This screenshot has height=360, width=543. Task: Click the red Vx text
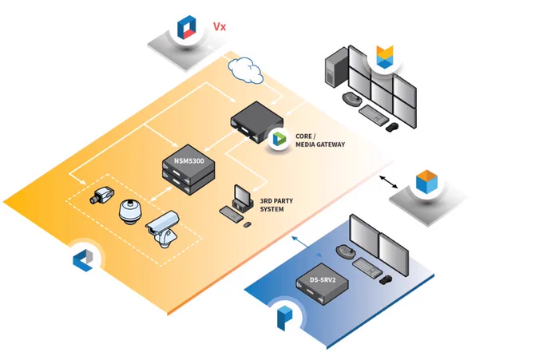point(220,26)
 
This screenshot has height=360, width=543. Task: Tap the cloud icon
point(245,70)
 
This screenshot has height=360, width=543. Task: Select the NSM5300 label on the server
point(188,161)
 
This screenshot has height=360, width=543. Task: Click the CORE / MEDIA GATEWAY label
point(320,140)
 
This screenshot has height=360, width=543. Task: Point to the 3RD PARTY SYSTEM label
point(276,205)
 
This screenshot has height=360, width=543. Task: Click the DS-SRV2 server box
point(322,284)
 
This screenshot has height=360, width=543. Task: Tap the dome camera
point(130,212)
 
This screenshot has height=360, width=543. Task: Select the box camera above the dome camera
point(101,195)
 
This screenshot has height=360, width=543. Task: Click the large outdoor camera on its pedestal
point(162,228)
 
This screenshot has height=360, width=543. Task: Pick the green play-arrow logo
point(279,139)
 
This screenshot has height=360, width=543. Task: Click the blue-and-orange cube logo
point(426,181)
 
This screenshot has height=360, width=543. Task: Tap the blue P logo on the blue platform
point(284,318)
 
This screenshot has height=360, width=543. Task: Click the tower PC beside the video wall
point(336,67)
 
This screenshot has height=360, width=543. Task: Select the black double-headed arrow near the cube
point(388,182)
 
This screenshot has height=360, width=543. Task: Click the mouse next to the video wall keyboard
point(392,127)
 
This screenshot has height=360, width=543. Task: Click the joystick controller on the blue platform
point(345,251)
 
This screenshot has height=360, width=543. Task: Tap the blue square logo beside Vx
point(187,27)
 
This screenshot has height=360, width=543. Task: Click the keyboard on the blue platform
point(367,267)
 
